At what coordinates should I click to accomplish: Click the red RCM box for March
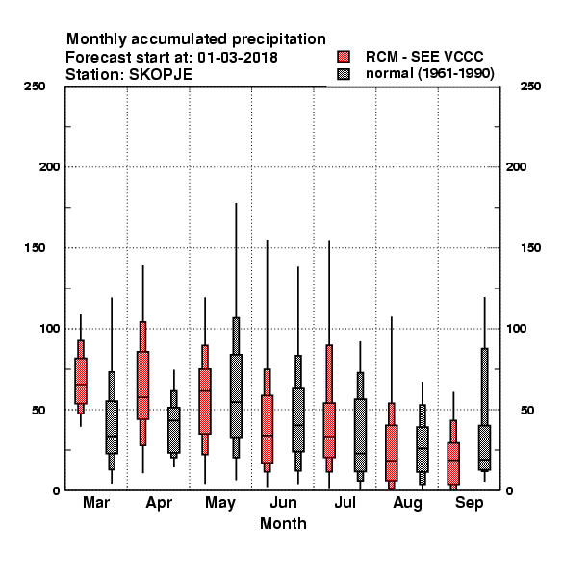point(81,381)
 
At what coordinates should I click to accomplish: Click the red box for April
point(142,385)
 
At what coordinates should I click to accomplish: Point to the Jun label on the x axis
point(283,503)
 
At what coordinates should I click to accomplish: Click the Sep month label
point(469,503)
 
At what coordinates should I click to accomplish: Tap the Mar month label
point(96,502)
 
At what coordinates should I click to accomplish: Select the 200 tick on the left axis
point(50,167)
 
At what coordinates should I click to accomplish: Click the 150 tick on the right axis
point(530,248)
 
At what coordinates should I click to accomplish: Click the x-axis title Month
point(283,524)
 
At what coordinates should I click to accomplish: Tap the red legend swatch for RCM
point(344,57)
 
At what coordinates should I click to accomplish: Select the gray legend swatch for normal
point(344,74)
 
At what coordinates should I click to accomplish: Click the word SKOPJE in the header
point(160,75)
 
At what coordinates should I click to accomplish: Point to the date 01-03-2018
point(238,58)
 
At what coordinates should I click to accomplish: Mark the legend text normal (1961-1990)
point(429,74)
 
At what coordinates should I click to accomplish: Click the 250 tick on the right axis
point(530,87)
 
